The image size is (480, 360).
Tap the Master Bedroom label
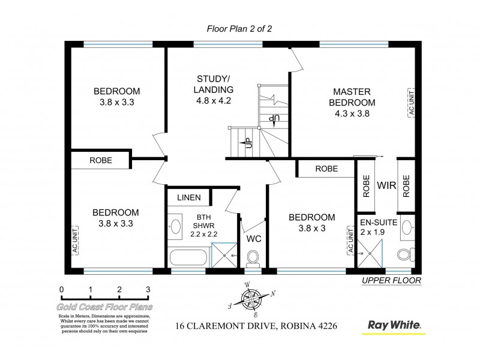[352, 101]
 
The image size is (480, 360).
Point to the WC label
[254, 239]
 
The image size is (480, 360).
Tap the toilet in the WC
[253, 259]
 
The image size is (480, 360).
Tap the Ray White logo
[394, 325]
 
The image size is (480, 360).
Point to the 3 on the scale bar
[148, 289]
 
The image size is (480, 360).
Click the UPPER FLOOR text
[392, 280]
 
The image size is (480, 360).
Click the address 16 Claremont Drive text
[256, 326]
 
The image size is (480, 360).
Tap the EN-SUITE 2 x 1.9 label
[378, 227]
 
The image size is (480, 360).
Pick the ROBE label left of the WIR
[365, 185]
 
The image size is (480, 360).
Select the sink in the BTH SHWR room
[176, 227]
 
